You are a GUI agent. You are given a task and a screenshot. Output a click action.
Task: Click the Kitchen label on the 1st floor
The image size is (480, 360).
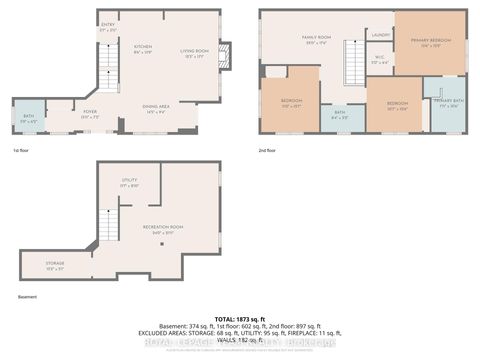coord(143,49)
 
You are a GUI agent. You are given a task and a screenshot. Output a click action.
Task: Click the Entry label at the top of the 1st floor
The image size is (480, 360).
coord(108,28)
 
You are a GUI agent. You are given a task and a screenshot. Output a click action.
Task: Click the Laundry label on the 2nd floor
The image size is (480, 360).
coord(380,35)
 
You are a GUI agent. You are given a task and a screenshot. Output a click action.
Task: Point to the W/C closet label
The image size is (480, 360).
coord(379,59)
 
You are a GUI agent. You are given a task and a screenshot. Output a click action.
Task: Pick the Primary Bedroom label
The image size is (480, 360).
coord(430,42)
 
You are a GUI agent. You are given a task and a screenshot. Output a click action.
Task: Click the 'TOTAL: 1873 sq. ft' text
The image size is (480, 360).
coord(240,316)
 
